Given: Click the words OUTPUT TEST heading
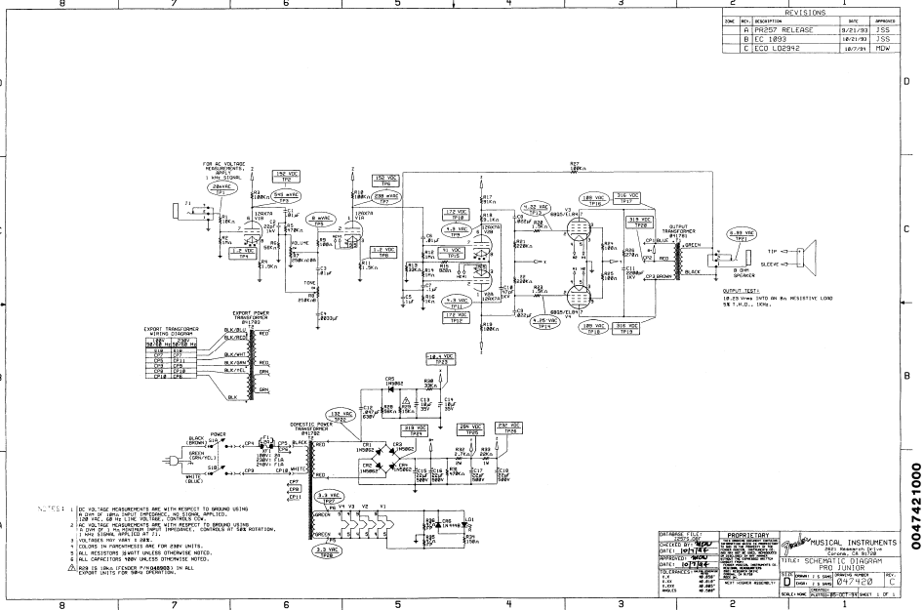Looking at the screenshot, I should click(741, 291).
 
